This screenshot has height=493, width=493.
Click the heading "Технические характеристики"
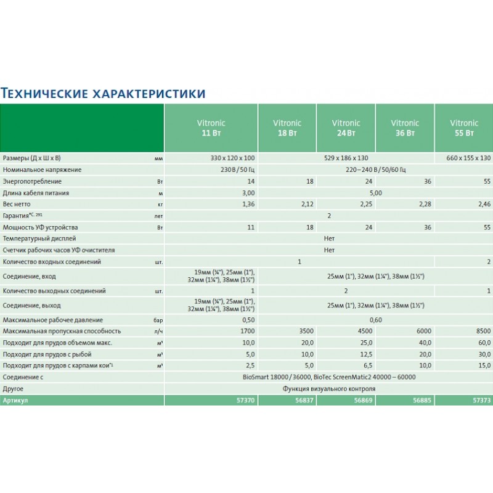pos(103,93)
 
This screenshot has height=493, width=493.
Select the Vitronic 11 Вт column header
pos(210,128)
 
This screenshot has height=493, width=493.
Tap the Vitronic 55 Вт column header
pos(463,128)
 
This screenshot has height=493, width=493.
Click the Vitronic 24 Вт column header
pos(346,128)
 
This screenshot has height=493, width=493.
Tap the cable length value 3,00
pos(246,193)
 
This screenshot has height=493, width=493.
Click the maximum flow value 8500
pos(483,332)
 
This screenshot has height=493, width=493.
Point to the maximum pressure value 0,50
pos(246,320)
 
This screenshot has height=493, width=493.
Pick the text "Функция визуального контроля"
pos(329,389)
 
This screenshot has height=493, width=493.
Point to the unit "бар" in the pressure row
pos(158,320)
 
